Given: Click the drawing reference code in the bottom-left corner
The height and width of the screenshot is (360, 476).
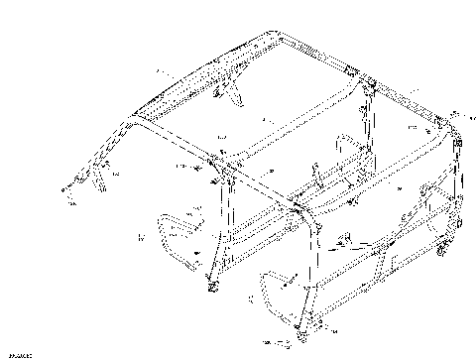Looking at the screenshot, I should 17,352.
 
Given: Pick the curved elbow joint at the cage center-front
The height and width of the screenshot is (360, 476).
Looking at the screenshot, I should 298,209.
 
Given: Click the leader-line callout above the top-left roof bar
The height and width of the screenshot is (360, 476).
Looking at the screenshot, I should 165,75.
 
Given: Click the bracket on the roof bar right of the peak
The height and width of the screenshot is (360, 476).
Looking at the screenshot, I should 353,70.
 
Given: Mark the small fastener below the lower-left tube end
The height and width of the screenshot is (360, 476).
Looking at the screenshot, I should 70,204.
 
